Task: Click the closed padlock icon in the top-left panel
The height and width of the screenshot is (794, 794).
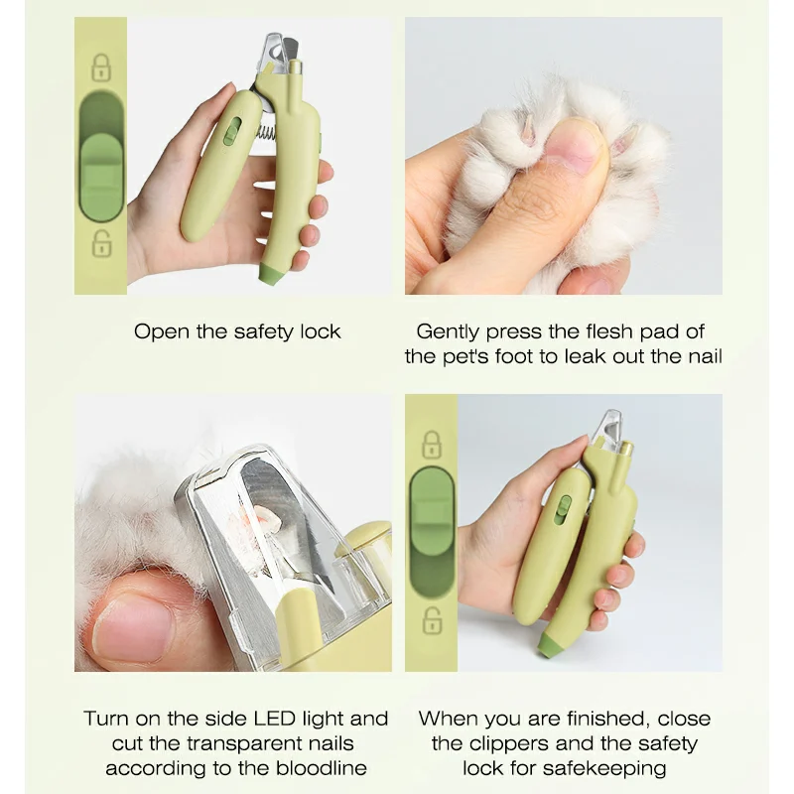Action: coord(100,67)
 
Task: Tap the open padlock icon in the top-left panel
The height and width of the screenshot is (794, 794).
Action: coord(100,242)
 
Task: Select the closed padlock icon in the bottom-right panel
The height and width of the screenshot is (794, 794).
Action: coord(431,444)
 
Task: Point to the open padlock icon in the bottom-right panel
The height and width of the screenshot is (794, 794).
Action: coord(431,621)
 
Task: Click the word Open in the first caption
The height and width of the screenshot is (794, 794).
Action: coord(162,331)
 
